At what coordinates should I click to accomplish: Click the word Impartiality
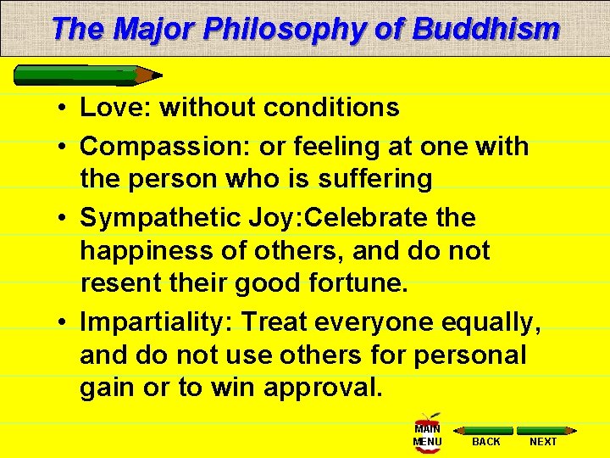point(156,322)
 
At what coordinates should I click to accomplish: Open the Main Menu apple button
point(427,433)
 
